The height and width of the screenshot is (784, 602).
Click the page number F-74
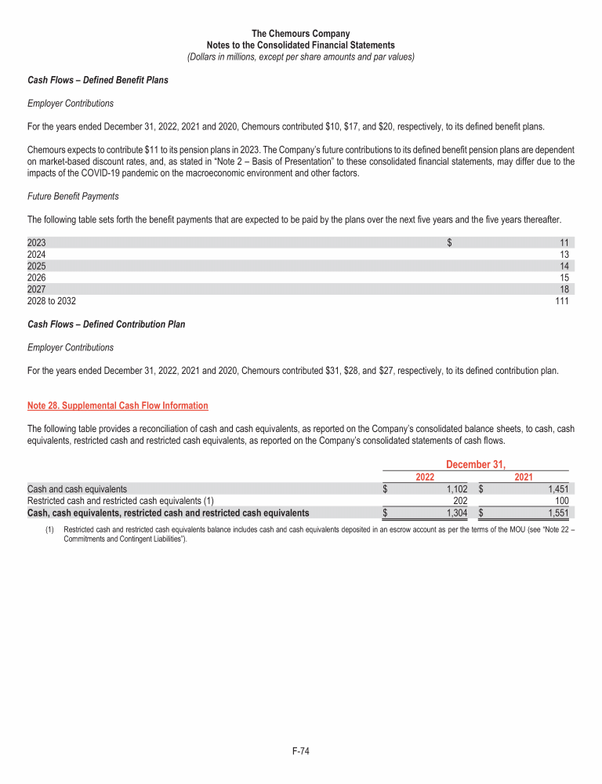click(301, 752)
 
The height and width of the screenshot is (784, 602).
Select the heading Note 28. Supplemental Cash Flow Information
click(118, 405)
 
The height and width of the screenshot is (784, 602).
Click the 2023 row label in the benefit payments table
click(37, 243)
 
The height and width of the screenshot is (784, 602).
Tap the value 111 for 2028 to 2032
click(561, 300)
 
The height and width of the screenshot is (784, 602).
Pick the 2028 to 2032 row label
click(52, 300)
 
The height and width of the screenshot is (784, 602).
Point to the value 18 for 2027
click(564, 289)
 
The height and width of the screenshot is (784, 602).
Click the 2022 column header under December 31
click(425, 477)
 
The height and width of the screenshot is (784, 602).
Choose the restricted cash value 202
click(460, 500)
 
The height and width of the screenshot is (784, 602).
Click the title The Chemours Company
click(301, 34)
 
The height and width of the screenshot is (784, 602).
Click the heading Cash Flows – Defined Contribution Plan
click(107, 324)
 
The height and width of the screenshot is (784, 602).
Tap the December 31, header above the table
click(475, 465)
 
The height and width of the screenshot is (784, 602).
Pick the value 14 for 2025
click(564, 266)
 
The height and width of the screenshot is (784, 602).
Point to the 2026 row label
click(37, 278)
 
